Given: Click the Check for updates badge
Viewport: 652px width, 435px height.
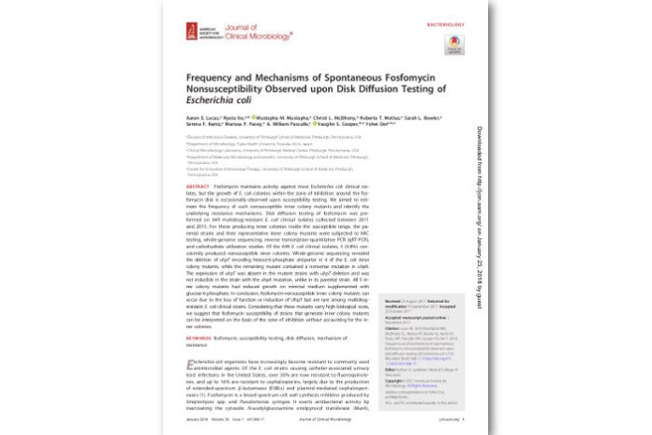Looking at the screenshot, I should pyautogui.click(x=454, y=43).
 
